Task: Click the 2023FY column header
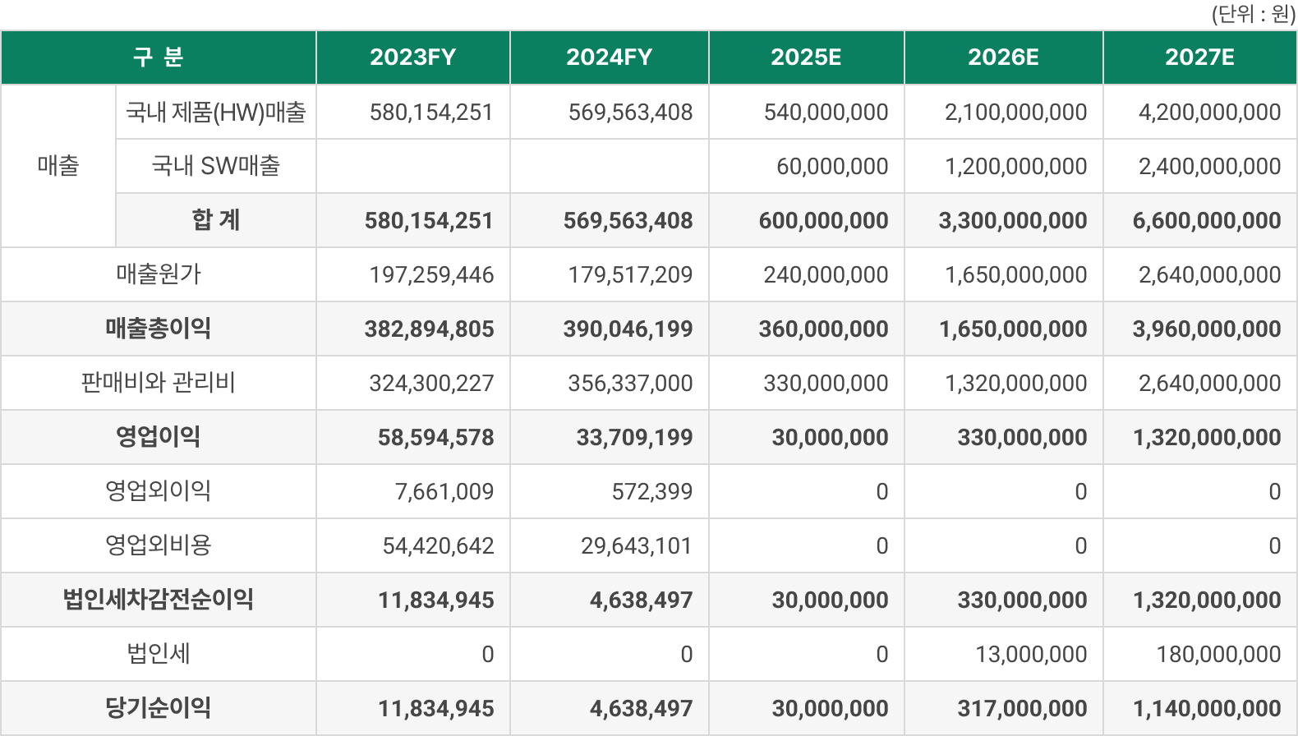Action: point(412,57)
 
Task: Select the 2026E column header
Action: point(1003,57)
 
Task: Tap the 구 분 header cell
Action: point(159,57)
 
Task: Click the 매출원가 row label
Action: point(159,274)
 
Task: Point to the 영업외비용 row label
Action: point(159,545)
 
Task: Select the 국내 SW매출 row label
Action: point(216,166)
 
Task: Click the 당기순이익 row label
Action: point(159,707)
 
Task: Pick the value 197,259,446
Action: point(431,274)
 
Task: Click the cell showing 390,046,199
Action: point(628,329)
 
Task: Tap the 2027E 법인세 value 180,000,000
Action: point(1218,654)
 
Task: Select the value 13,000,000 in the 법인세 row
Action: point(1031,654)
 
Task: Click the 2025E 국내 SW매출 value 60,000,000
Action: point(832,166)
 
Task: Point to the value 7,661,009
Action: point(444,491)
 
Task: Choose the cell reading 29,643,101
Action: point(636,545)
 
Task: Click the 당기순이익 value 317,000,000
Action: point(1022,708)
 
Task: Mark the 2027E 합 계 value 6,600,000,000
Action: point(1206,220)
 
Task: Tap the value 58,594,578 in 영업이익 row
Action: point(435,437)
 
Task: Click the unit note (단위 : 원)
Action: point(1253,14)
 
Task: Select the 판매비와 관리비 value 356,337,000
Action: point(630,383)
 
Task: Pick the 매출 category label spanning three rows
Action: point(58,166)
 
